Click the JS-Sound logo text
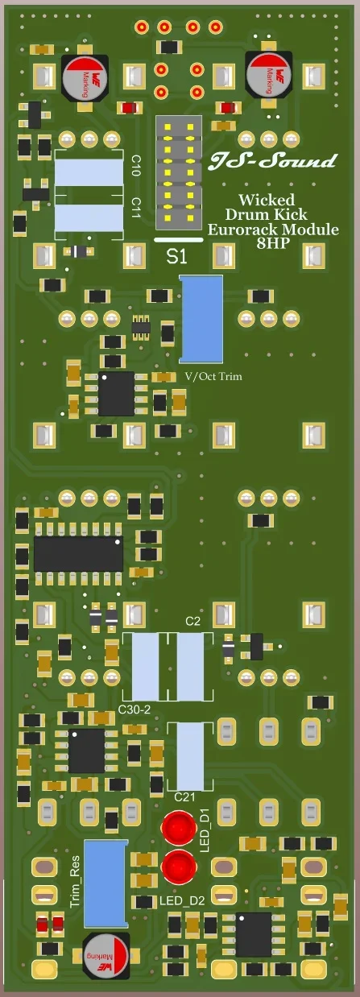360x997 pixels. click(x=273, y=162)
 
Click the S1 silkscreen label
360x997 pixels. click(x=177, y=257)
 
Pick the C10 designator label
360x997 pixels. click(x=136, y=167)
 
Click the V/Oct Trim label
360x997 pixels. click(x=213, y=376)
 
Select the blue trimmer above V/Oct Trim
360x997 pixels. click(x=201, y=318)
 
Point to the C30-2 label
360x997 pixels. click(x=134, y=708)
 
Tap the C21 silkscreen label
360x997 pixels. click(x=184, y=797)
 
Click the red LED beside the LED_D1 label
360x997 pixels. click(x=179, y=827)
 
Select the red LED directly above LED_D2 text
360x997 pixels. click(x=179, y=867)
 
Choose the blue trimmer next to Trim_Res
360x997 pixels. click(x=106, y=882)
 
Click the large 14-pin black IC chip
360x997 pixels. click(x=78, y=554)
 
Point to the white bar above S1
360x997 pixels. click(x=177, y=240)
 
